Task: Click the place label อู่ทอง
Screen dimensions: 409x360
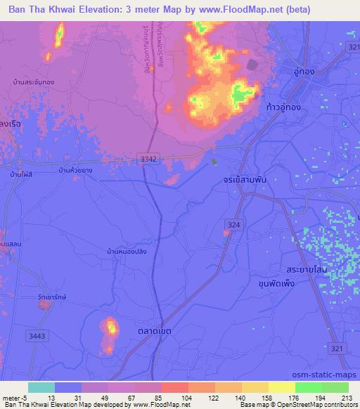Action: click(x=306, y=72)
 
